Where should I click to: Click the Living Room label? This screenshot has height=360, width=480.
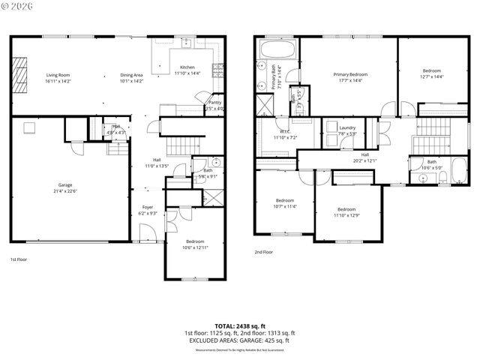pyautogui.click(x=58, y=75)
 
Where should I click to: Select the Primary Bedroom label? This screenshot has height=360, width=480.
pyautogui.click(x=350, y=75)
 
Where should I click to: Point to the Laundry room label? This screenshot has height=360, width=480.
pyautogui.click(x=347, y=127)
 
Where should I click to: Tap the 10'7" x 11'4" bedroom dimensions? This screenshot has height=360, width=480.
pyautogui.click(x=284, y=206)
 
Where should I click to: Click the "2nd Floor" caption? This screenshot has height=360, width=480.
pyautogui.click(x=263, y=252)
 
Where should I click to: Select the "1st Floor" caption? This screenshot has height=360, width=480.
pyautogui.click(x=19, y=259)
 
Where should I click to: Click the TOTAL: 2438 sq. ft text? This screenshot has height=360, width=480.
pyautogui.click(x=239, y=325)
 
